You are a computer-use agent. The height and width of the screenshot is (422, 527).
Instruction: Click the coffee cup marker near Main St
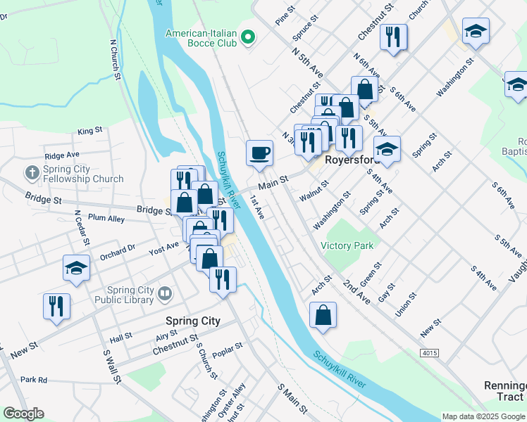coord(259,153)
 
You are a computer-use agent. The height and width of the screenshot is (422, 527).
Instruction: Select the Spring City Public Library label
coord(130,295)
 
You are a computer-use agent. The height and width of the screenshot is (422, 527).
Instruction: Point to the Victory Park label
coord(347,245)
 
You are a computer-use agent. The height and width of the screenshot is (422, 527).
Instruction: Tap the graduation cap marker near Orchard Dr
coord(76,267)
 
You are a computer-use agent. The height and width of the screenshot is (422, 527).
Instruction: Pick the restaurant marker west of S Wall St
coord(56,306)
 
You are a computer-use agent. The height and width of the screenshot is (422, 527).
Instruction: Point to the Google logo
coord(23,414)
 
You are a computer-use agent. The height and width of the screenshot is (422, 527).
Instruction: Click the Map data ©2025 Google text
coord(483,416)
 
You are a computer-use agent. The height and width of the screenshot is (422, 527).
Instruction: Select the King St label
coord(90,131)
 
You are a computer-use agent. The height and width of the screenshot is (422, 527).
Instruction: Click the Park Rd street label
coord(33,380)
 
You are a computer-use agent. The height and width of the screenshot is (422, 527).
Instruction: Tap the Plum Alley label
coord(106,219)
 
